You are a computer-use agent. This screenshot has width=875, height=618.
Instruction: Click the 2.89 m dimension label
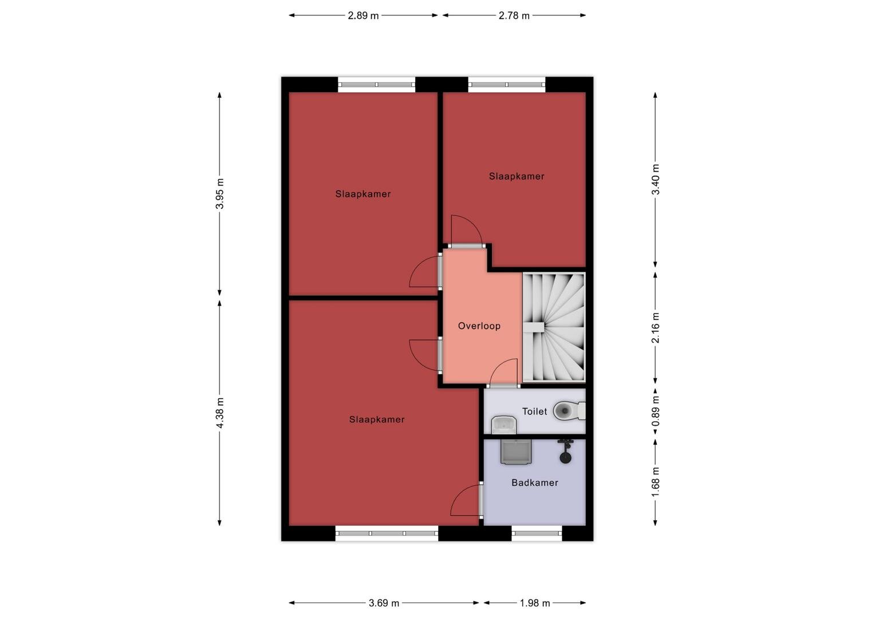[x=363, y=15]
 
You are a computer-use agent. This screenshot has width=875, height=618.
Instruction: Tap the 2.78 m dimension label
[x=514, y=15]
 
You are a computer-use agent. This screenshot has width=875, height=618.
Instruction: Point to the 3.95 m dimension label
[x=220, y=193]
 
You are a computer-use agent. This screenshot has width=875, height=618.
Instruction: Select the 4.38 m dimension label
[x=220, y=413]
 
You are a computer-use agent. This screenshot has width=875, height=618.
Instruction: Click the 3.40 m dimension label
[x=656, y=179]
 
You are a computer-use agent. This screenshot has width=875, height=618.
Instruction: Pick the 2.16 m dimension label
[x=656, y=327]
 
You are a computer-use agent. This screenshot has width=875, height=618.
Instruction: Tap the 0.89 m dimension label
[x=656, y=411]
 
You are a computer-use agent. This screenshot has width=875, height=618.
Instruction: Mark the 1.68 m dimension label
[x=656, y=482]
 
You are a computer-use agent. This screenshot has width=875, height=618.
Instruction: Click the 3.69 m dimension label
[x=384, y=603]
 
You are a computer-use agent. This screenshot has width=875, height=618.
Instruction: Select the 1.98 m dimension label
[x=535, y=603]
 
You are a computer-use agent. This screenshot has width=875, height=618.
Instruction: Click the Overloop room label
[x=479, y=326]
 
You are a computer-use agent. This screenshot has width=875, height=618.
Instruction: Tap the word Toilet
[x=535, y=411]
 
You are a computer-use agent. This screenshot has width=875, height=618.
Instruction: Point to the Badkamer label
[x=535, y=482]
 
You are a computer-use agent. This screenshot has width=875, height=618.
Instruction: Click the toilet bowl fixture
[x=569, y=411]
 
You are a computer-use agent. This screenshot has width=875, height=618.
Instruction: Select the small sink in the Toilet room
[x=504, y=425]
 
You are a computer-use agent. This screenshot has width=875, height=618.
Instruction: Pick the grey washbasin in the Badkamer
[x=516, y=452]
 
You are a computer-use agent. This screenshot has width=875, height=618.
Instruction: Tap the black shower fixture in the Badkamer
[x=565, y=451]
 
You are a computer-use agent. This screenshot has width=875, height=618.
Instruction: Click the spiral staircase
[x=554, y=327]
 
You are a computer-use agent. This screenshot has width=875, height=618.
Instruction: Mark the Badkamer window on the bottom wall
[x=537, y=533]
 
